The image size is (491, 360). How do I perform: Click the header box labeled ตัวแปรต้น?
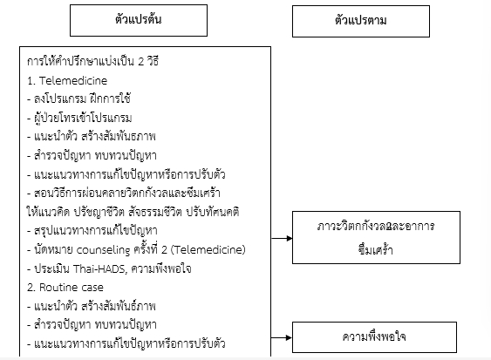[x=139, y=20]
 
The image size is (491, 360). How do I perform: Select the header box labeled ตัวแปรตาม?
[x=361, y=21]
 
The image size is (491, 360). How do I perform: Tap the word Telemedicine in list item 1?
[x=73, y=81]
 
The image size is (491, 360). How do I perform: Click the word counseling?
[x=103, y=250]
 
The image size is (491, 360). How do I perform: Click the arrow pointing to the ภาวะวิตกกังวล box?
[x=282, y=239]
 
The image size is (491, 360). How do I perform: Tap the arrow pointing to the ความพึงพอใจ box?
[x=282, y=338]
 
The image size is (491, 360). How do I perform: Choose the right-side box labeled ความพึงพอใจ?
[x=374, y=337]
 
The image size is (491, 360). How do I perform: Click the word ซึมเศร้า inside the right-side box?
[x=376, y=249]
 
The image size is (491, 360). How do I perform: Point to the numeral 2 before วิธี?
[x=141, y=61]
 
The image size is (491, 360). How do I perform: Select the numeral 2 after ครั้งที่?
[x=165, y=250]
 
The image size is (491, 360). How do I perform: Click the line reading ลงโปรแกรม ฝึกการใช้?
[x=78, y=98]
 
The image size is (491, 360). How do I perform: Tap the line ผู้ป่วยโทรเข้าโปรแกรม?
[x=79, y=118]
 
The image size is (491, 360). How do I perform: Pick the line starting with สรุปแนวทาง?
[x=92, y=231]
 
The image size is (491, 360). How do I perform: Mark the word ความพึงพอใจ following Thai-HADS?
[x=161, y=268]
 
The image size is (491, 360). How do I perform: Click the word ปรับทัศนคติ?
[x=213, y=212]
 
